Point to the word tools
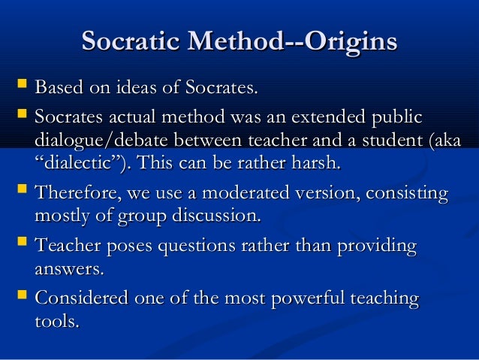coord(56,321)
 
